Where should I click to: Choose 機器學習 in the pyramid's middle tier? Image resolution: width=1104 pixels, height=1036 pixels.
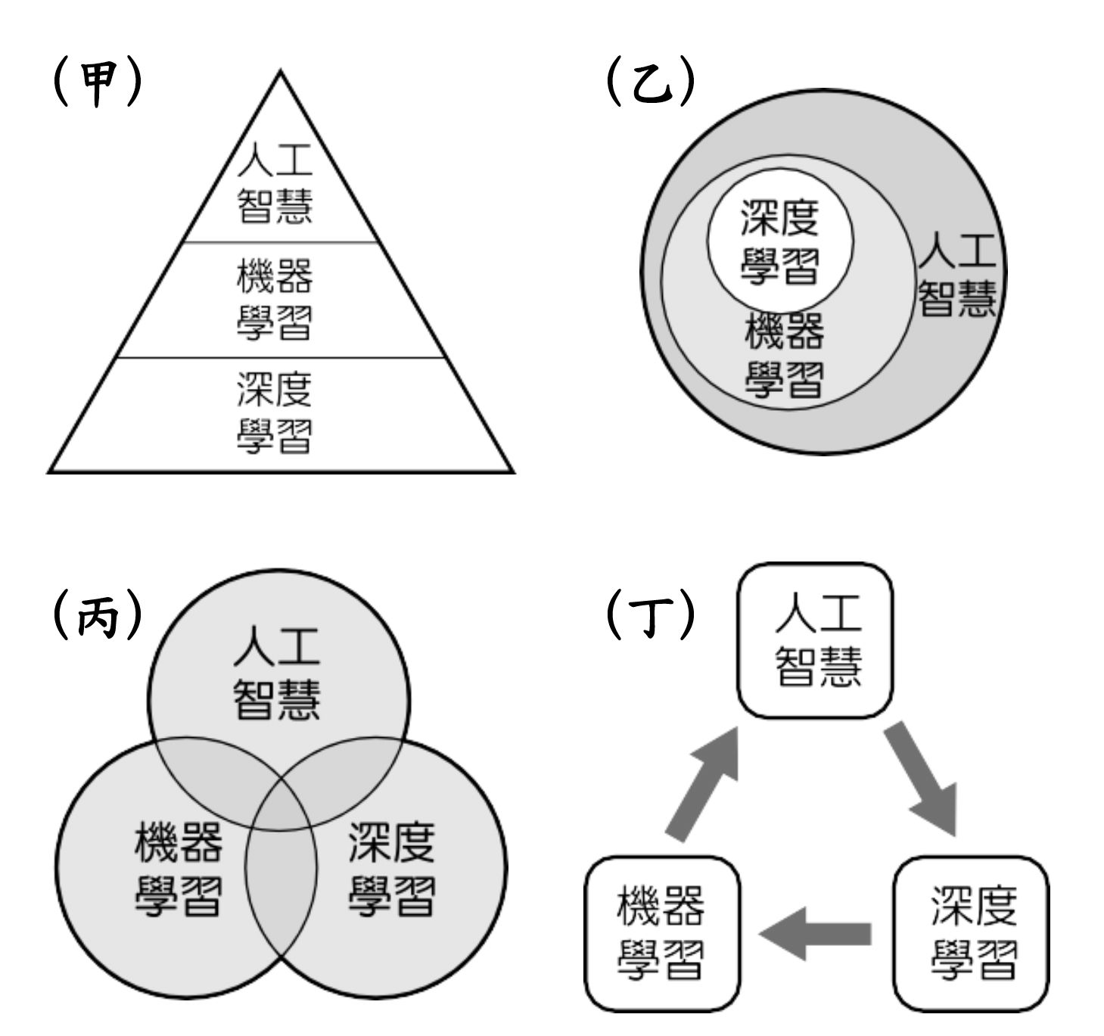click(x=274, y=300)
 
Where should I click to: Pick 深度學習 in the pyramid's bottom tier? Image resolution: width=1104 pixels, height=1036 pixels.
click(x=274, y=413)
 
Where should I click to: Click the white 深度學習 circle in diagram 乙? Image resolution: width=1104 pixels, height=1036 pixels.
click(x=779, y=241)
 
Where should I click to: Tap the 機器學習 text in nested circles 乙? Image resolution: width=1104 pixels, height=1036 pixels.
click(x=784, y=356)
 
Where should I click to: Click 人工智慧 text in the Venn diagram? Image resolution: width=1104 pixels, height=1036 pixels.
click(x=277, y=673)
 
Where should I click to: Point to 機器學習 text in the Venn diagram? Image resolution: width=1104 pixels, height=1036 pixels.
click(x=179, y=870)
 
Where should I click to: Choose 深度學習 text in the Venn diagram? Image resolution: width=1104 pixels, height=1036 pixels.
click(x=392, y=870)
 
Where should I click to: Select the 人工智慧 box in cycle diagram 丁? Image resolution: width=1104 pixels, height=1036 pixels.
click(x=816, y=640)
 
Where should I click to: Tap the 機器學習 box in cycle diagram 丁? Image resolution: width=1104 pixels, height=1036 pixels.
click(x=662, y=933)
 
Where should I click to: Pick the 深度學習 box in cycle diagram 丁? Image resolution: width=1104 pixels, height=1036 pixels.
click(x=972, y=933)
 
